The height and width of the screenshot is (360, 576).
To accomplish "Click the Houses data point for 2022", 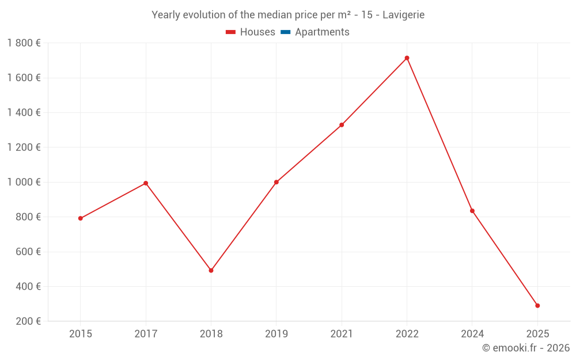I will click(x=407, y=58).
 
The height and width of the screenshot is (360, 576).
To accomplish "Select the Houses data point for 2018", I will click(x=211, y=270).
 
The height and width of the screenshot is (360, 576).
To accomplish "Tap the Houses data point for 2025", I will click(x=537, y=306).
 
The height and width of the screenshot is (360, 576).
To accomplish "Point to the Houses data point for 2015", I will click(x=81, y=218).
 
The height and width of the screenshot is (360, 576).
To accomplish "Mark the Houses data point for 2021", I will click(x=342, y=125).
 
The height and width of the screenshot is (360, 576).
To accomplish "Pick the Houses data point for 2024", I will click(x=472, y=211).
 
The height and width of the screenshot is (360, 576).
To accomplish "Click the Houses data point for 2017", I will click(x=146, y=183).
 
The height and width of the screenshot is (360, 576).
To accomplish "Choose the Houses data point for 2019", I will click(x=276, y=182).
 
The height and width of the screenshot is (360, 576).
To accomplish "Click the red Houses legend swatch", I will click(x=231, y=32).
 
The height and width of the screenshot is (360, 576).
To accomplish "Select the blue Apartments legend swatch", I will click(x=285, y=32).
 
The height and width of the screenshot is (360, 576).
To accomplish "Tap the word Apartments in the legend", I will click(x=322, y=32).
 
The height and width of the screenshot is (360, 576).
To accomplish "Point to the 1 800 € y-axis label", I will click(x=24, y=43).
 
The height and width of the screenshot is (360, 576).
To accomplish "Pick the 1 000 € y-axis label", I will click(x=24, y=182).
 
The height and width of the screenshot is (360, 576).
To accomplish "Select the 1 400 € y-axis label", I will click(x=24, y=113).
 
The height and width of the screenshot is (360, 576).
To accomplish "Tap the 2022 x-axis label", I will click(x=407, y=334).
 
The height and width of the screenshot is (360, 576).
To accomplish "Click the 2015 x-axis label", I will click(x=81, y=334).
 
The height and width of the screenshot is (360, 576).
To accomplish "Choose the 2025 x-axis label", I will click(x=537, y=334).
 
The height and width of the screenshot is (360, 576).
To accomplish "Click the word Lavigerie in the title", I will click(x=403, y=15).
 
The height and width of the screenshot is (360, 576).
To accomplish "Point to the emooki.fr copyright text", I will click(x=526, y=348).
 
